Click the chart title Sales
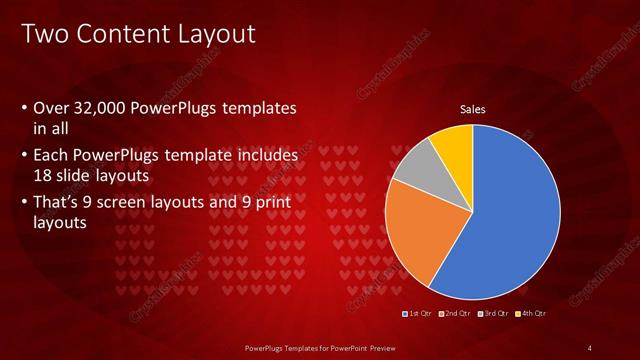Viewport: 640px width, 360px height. (x=472, y=109)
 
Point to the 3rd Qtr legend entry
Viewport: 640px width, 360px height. (x=492, y=313)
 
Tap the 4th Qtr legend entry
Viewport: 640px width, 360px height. (x=530, y=313)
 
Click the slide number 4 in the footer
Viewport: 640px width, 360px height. (x=591, y=347)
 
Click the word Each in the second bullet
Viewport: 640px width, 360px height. (x=51, y=156)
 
